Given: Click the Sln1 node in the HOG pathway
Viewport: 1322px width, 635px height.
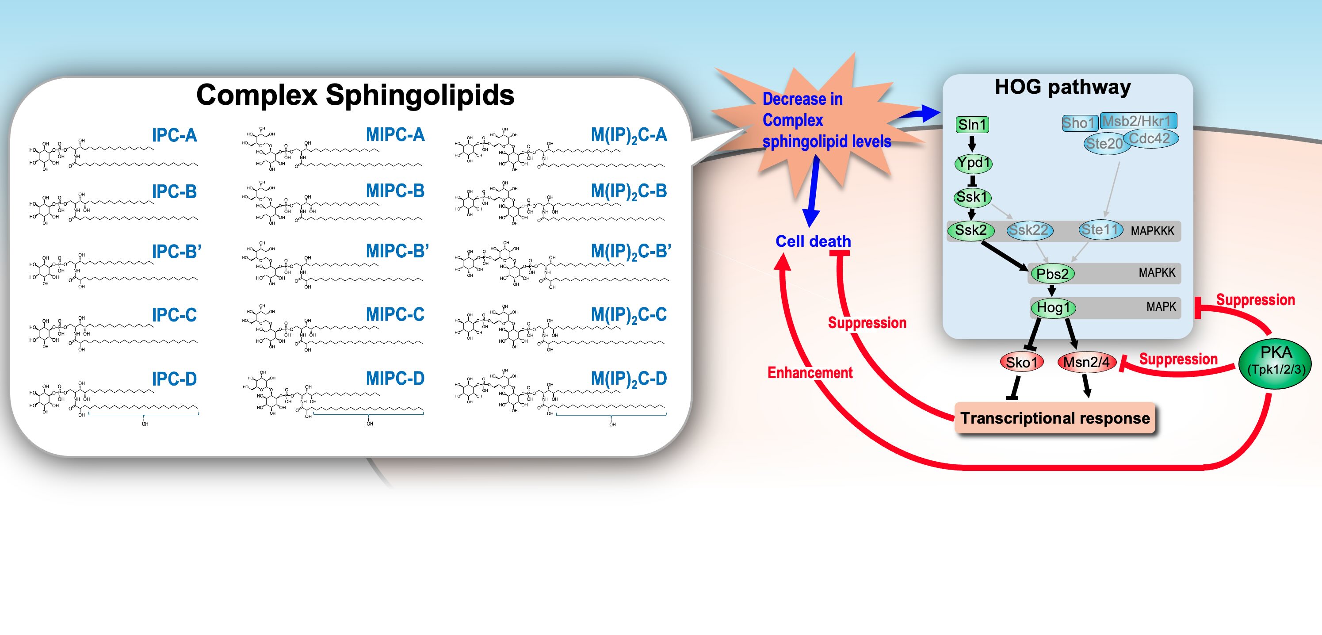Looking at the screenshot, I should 972,125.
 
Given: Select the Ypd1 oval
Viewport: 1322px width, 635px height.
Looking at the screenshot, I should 973,163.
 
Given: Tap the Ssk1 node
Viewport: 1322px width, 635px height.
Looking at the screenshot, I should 972,197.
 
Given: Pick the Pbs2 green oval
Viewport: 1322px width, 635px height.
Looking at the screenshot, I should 1052,274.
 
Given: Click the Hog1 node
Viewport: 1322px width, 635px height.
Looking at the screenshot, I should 1053,308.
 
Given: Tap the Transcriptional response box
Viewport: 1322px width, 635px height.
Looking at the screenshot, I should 1055,418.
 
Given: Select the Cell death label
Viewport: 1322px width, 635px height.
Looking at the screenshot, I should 813,241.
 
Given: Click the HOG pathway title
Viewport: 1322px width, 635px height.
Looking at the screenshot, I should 1062,87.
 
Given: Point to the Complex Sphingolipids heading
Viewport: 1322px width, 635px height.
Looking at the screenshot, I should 355,95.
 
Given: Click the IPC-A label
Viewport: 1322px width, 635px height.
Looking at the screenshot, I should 174,135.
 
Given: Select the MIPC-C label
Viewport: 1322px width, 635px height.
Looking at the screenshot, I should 395,314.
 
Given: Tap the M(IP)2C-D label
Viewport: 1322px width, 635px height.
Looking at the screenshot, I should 629,379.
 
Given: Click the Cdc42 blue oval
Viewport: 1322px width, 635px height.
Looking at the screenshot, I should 1150,138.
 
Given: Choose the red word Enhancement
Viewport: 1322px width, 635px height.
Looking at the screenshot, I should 810,373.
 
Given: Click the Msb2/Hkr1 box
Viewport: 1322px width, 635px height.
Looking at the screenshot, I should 1138,121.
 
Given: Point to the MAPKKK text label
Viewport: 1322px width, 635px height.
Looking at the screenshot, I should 1152,231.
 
